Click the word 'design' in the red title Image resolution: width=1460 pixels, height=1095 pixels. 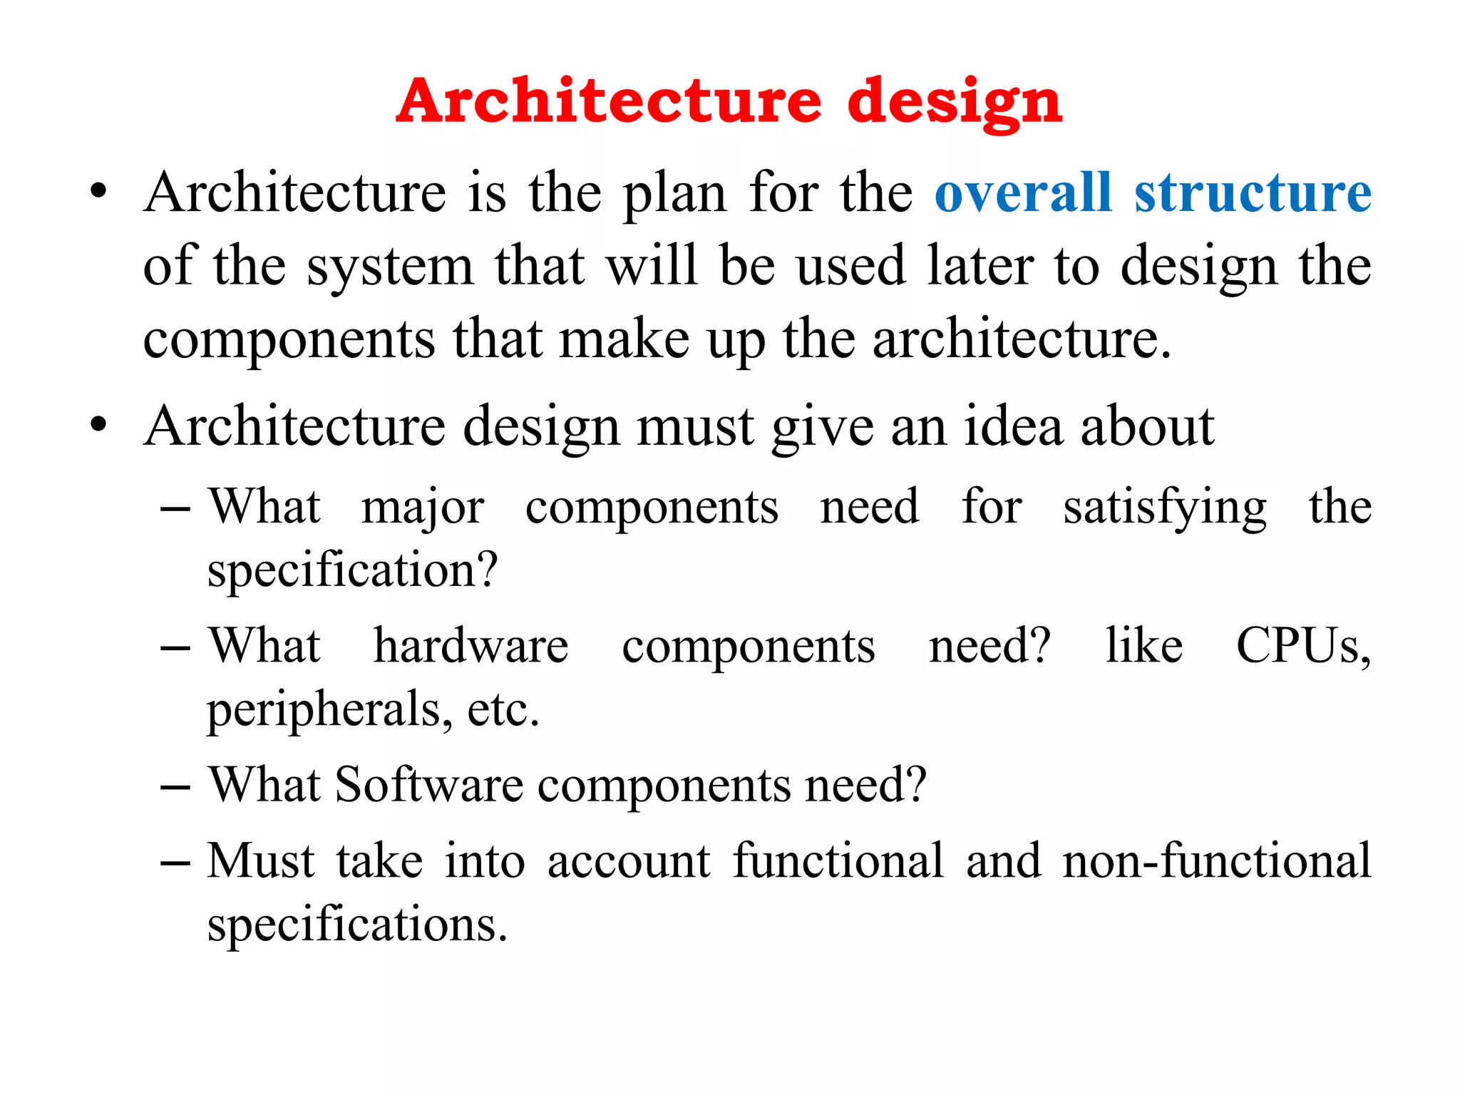pyautogui.click(x=955, y=102)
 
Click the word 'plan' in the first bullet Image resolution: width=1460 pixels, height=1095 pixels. pyautogui.click(x=674, y=194)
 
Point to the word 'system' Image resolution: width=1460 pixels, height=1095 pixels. pyautogui.click(x=390, y=267)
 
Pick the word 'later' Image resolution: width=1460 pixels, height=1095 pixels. pyautogui.click(x=980, y=265)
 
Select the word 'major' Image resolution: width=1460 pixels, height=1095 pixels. pyautogui.click(x=423, y=508)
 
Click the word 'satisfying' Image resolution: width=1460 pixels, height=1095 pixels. pyautogui.click(x=1165, y=508)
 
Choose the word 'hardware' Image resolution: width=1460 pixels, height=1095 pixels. pyautogui.click(x=471, y=646)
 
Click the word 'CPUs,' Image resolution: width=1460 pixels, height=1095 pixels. pyautogui.click(x=1303, y=646)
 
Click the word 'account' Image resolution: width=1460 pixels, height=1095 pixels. pyautogui.click(x=629, y=860)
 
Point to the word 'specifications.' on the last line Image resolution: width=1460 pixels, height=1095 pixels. pyautogui.click(x=357, y=924)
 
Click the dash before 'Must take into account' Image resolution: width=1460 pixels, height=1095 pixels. pyautogui.click(x=175, y=863)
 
